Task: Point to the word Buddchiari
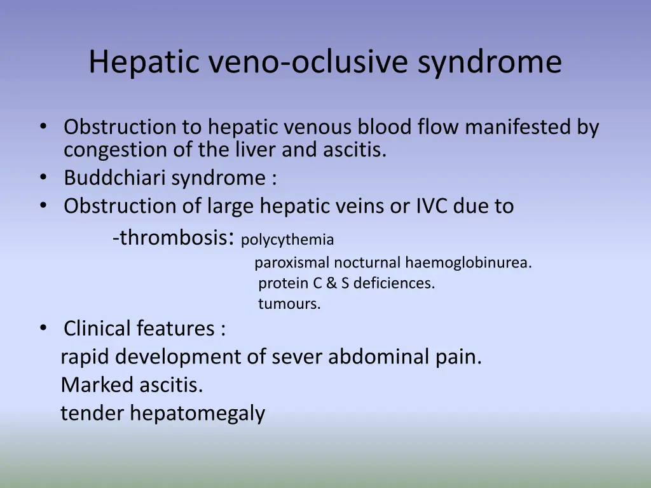point(115,179)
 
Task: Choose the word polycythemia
point(287,240)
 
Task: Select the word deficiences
point(394,283)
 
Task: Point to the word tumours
point(289,304)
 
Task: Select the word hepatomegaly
point(198,414)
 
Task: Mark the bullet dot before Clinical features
point(43,328)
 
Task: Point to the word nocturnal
point(368,262)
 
